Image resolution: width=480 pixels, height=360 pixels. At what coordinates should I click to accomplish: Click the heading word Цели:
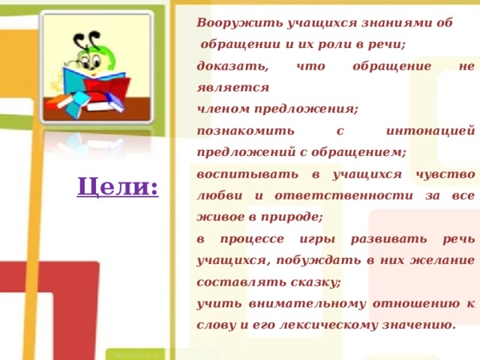point(117,187)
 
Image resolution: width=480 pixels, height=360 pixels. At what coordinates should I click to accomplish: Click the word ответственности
point(351,196)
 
